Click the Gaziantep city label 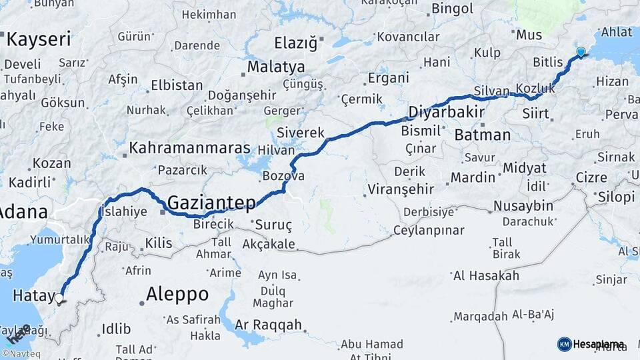(212, 202)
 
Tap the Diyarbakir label (446, 111)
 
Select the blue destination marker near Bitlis (581, 52)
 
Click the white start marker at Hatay (59, 299)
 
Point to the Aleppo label (177, 294)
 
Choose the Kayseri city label (38, 39)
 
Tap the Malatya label (276, 67)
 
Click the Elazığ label (296, 43)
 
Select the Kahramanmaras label (190, 148)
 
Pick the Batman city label (482, 135)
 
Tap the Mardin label (473, 177)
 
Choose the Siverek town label (300, 132)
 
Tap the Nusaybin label (524, 205)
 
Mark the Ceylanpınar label (428, 231)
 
